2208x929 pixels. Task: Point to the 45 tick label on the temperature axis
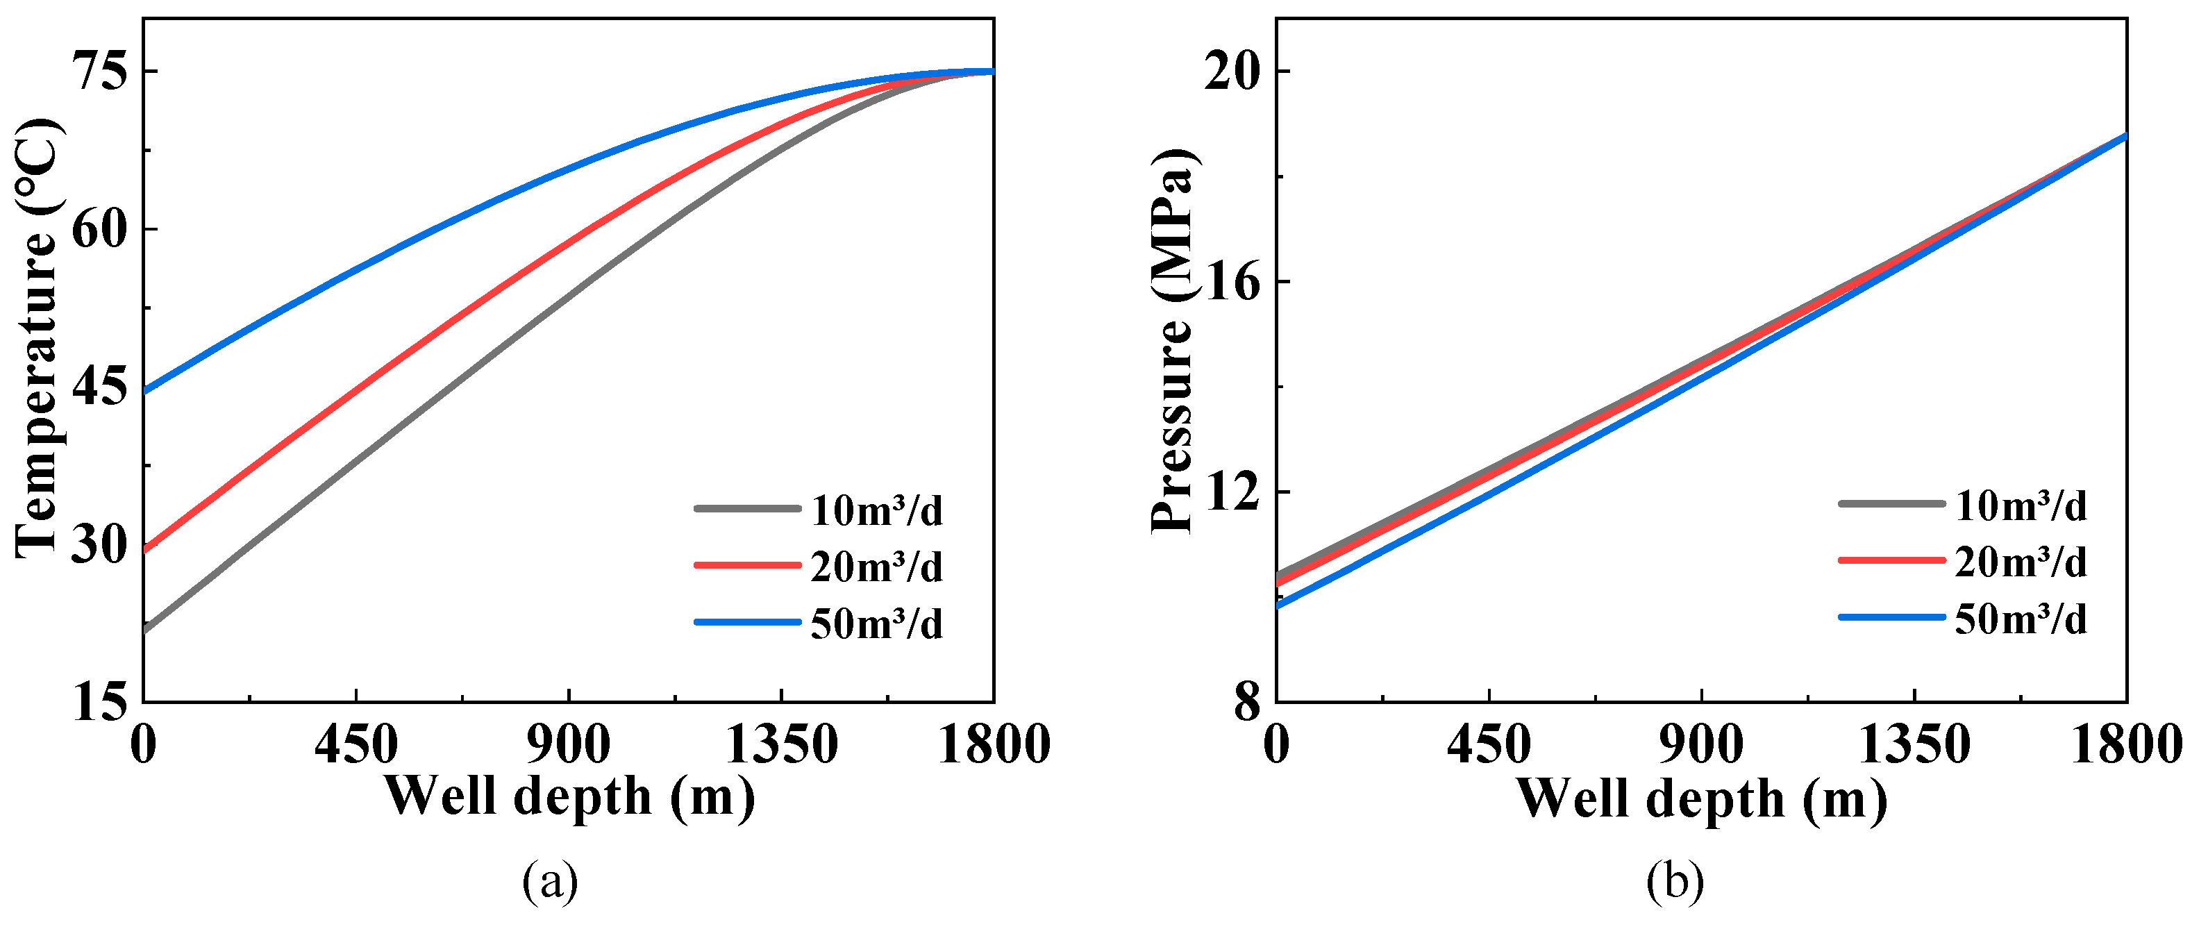tap(99, 387)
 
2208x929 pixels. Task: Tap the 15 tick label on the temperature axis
tap(99, 703)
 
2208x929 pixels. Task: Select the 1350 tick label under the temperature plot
tap(781, 745)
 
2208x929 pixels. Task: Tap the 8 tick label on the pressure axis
tap(1248, 703)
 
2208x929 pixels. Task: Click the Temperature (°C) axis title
tap(39, 339)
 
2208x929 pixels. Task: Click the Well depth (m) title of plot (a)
tap(569, 797)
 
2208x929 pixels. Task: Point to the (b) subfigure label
tap(1675, 882)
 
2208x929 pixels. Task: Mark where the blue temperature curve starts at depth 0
tap(145, 392)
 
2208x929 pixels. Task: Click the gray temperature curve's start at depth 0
tap(145, 630)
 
